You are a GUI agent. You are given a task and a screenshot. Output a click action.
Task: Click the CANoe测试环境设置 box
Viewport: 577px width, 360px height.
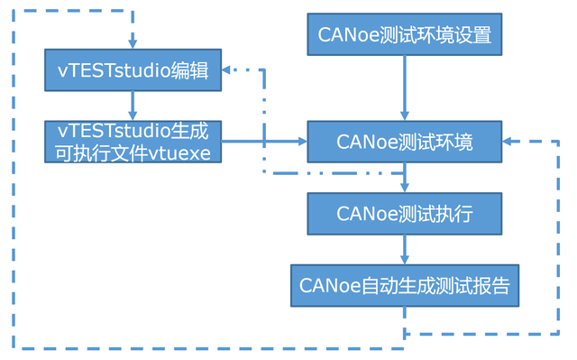click(x=404, y=35)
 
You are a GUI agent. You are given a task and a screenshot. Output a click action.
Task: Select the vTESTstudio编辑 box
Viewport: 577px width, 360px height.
click(x=133, y=70)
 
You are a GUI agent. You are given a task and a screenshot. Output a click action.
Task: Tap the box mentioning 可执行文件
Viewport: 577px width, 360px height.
click(x=133, y=141)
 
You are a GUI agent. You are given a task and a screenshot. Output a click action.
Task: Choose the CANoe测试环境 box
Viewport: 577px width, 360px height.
click(x=404, y=142)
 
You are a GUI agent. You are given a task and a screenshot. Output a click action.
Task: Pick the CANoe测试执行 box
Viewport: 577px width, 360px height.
click(x=404, y=214)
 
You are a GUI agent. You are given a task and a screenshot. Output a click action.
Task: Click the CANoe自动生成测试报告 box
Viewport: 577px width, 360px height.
click(x=404, y=285)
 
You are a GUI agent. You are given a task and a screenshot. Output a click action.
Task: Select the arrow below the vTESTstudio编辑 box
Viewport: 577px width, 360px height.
click(x=133, y=105)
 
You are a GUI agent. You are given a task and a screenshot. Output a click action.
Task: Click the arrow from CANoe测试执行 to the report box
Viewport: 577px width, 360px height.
click(x=404, y=249)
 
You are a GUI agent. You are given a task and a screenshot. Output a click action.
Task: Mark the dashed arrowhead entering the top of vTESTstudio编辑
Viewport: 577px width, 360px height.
click(x=133, y=43)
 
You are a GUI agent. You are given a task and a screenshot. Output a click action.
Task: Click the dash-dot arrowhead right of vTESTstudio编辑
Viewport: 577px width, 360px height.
click(x=229, y=69)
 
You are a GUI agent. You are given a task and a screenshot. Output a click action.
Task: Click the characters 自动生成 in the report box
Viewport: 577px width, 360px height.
click(x=398, y=286)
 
